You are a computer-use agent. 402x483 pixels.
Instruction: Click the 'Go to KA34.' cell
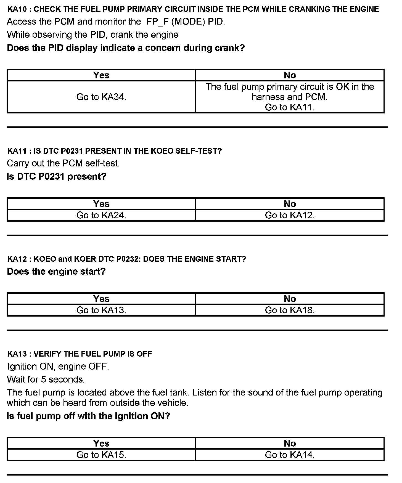[x=101, y=97]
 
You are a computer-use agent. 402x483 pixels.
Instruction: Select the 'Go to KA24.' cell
[x=101, y=215]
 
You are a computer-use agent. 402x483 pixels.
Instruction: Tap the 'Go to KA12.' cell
[x=290, y=215]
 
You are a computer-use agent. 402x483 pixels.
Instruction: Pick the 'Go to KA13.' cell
[x=101, y=310]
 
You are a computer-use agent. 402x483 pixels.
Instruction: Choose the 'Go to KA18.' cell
[x=290, y=310]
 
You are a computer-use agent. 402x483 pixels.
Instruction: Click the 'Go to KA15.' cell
[x=101, y=455]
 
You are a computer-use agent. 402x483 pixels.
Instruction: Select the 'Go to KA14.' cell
[x=290, y=455]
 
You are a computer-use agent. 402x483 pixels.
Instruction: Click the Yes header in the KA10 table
[x=101, y=75]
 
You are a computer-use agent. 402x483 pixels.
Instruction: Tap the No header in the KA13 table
[x=290, y=443]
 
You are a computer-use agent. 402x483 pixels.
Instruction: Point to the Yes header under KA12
[x=101, y=299]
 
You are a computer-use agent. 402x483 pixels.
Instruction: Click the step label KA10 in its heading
[x=17, y=9]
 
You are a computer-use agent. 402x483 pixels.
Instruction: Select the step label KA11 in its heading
[x=17, y=151]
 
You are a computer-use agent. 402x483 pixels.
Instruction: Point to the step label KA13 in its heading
[x=17, y=354]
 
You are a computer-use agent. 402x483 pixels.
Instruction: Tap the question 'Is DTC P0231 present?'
[x=56, y=176]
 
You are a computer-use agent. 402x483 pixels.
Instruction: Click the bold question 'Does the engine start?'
[x=56, y=272]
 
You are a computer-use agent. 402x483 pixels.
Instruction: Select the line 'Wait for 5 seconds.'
[x=46, y=380]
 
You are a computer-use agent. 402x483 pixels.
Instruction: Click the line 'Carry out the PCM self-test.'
[x=63, y=163]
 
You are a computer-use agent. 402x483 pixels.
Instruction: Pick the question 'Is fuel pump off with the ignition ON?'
[x=88, y=416]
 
